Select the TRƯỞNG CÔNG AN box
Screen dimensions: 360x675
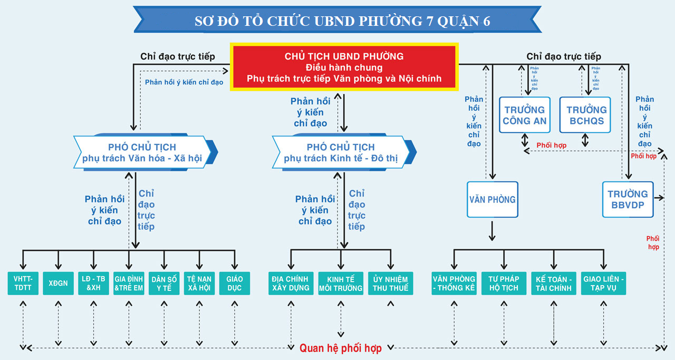(x=525, y=115)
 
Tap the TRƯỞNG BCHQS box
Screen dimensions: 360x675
(x=585, y=115)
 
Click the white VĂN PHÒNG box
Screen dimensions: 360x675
(x=493, y=200)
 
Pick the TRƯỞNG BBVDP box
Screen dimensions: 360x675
(x=628, y=199)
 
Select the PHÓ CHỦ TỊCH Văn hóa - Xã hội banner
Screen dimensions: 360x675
(x=142, y=152)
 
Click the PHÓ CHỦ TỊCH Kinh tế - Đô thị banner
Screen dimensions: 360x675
(x=341, y=152)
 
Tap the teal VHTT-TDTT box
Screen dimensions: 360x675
(x=23, y=283)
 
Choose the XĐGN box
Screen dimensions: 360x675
(x=58, y=283)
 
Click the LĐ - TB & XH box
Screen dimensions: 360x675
(x=93, y=283)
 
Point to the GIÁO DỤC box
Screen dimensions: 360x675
(x=235, y=283)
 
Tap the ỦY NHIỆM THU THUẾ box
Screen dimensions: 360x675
(x=391, y=283)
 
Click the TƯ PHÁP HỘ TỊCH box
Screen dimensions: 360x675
(x=504, y=283)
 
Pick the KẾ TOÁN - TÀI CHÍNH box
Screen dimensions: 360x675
(x=554, y=283)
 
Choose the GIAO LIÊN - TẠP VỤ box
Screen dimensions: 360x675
(x=604, y=283)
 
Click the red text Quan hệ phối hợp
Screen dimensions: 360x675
(x=341, y=348)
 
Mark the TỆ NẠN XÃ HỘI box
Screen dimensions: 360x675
(x=199, y=283)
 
